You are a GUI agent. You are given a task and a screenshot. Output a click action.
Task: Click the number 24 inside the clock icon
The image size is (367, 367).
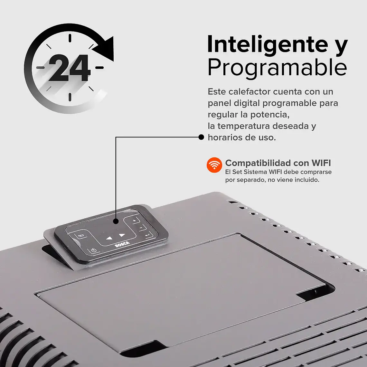(70, 68)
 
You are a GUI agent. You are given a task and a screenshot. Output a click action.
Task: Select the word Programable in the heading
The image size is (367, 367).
(277, 68)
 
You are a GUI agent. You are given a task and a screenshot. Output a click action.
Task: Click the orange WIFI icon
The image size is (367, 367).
(214, 165)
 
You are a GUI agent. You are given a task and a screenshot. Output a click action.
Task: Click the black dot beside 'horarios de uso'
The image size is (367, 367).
(201, 137)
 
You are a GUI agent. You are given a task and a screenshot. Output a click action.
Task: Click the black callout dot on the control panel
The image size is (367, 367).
(116, 221)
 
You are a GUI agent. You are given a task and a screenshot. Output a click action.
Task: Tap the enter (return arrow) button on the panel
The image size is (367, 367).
(148, 235)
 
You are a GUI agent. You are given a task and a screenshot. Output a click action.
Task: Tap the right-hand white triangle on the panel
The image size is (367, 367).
(122, 235)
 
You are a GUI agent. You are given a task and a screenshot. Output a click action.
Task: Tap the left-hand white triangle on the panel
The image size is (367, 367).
(109, 239)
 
